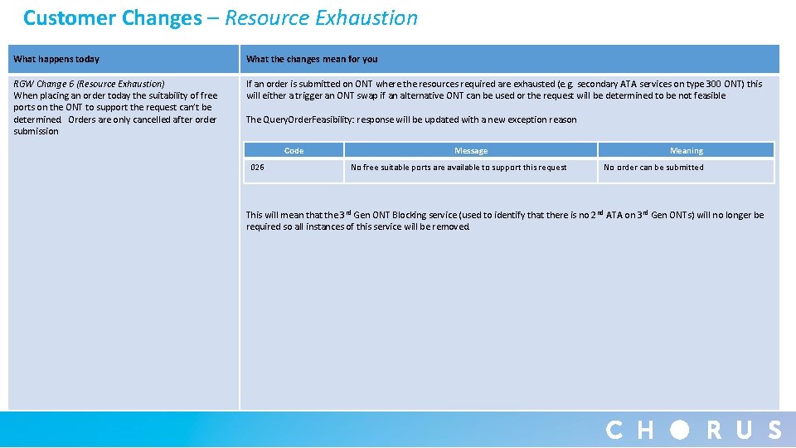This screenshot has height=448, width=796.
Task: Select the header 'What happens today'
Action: coord(56,59)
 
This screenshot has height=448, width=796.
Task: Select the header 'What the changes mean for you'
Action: coord(312,59)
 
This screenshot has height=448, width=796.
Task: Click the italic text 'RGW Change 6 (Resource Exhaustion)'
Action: coord(89,84)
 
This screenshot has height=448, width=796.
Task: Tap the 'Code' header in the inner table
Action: coord(294,151)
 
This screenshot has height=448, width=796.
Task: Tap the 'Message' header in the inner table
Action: coord(471,151)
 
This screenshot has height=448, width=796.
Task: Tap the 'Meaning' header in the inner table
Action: coord(686,151)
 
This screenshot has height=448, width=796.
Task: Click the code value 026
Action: coord(257,168)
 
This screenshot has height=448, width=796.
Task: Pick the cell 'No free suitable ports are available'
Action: coord(459,168)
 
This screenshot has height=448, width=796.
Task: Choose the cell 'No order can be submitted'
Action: coord(653,168)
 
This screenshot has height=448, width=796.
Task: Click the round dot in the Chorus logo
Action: coord(680,430)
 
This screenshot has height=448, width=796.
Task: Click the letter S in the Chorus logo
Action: coord(774,430)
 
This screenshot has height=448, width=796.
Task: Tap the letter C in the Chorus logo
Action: coord(614,430)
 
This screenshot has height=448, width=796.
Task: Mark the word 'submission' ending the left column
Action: coord(36,131)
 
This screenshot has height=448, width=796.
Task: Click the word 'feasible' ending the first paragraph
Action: coord(708,95)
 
